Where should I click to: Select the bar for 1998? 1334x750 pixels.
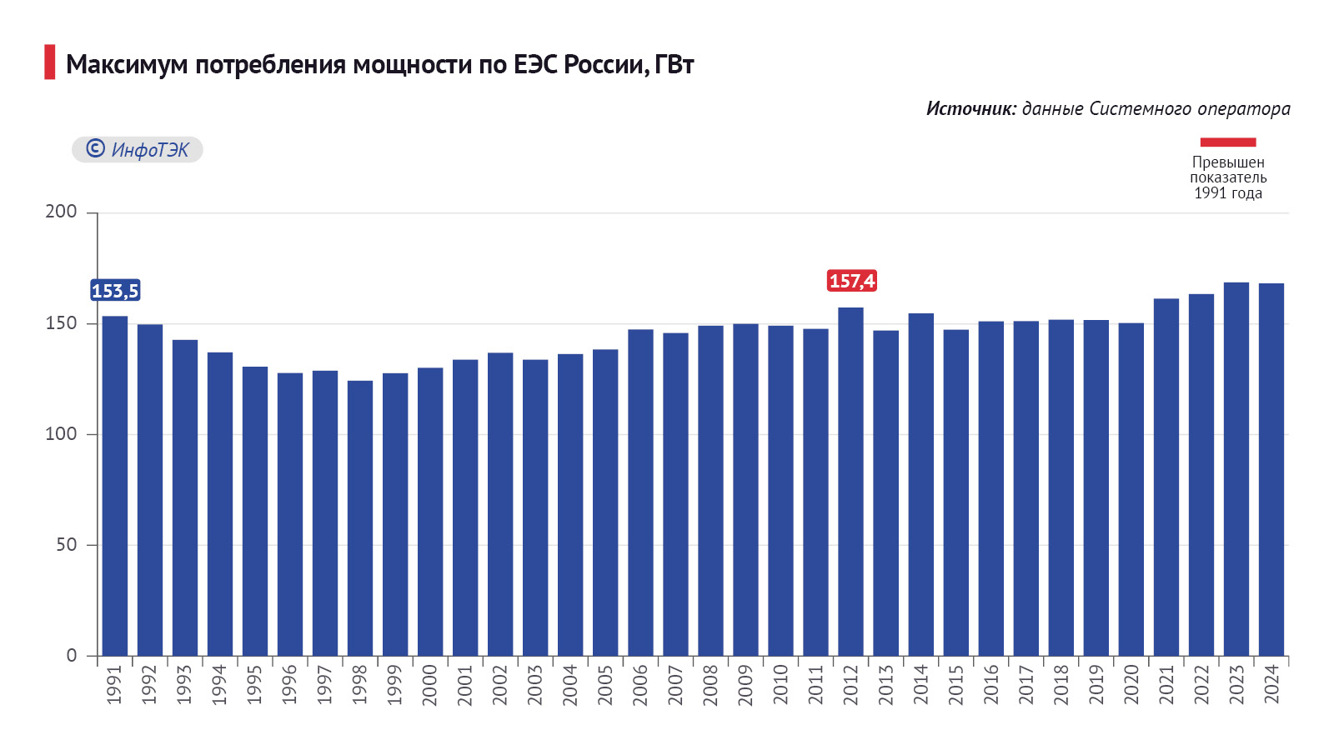point(360,517)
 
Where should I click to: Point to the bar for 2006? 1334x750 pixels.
point(640,492)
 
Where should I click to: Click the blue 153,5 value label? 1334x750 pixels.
point(115,291)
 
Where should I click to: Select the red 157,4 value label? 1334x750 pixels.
point(851,281)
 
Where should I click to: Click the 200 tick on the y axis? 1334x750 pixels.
point(61,212)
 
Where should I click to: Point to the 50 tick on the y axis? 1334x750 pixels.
point(67,545)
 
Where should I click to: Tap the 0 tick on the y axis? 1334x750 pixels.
point(72,656)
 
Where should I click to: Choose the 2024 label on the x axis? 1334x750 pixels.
point(1271,684)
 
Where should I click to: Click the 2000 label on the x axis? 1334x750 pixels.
point(430,684)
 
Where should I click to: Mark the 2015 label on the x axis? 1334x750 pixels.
point(956,684)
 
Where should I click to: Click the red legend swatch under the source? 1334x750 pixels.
point(1227,142)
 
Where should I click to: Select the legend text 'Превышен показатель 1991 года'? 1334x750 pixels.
point(1228,177)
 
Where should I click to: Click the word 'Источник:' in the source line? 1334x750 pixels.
point(970,108)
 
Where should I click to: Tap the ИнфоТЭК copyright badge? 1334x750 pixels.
point(138,149)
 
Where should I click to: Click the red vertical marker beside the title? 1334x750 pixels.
point(50,62)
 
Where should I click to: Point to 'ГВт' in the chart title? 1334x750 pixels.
point(675,64)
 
